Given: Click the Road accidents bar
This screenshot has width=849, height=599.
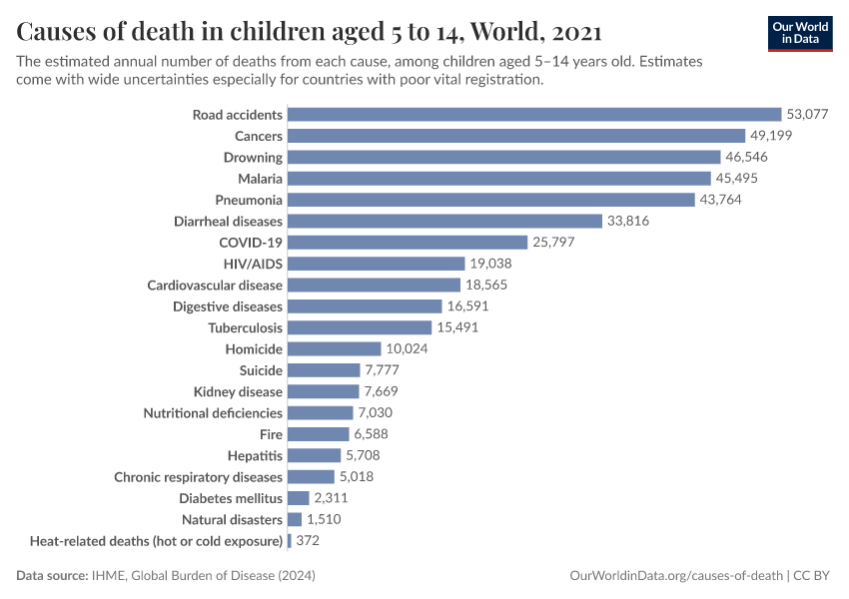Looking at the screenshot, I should click(x=534, y=115).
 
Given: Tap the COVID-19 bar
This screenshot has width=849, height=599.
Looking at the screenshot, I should click(x=408, y=243).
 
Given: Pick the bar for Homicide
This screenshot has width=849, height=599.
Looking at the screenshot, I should click(x=335, y=349).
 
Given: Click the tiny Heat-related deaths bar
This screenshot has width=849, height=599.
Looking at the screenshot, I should click(x=290, y=541).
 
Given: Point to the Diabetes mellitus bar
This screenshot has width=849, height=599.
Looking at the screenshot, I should click(x=299, y=498).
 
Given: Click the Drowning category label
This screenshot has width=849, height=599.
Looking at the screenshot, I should click(x=254, y=158).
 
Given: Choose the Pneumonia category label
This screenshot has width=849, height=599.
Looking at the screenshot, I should click(x=249, y=200).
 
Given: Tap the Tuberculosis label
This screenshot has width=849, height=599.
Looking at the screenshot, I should click(x=246, y=327).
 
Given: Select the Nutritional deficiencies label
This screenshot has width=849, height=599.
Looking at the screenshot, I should click(x=213, y=413).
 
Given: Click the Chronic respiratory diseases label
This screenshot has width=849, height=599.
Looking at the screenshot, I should click(x=199, y=477).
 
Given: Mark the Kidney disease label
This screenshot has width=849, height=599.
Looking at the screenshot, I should click(x=238, y=391).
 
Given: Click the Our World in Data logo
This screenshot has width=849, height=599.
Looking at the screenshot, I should click(x=799, y=32).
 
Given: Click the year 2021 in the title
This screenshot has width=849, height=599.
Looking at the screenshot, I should click(x=575, y=32).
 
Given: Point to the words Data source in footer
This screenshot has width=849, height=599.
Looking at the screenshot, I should click(x=49, y=576).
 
